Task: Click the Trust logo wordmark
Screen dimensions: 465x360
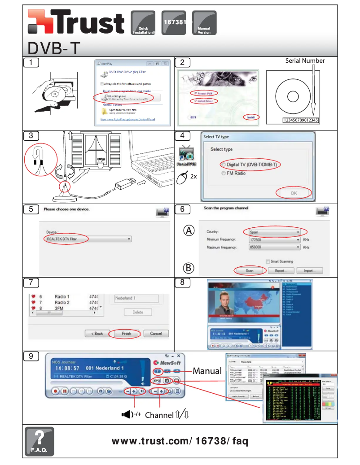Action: click(76, 24)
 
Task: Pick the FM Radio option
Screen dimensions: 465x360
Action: click(233, 173)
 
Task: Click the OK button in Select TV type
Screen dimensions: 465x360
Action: click(294, 193)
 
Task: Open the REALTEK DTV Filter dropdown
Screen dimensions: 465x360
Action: click(88, 239)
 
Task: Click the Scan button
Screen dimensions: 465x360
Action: click(250, 270)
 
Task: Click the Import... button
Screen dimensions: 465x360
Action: click(309, 270)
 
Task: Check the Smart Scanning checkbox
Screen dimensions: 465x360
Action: click(268, 261)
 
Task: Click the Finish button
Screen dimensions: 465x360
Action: click(126, 334)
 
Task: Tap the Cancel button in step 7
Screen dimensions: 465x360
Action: click(156, 334)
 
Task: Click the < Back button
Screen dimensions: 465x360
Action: click(97, 334)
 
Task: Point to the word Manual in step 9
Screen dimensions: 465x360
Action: click(207, 371)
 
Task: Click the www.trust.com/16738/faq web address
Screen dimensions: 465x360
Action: click(180, 441)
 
